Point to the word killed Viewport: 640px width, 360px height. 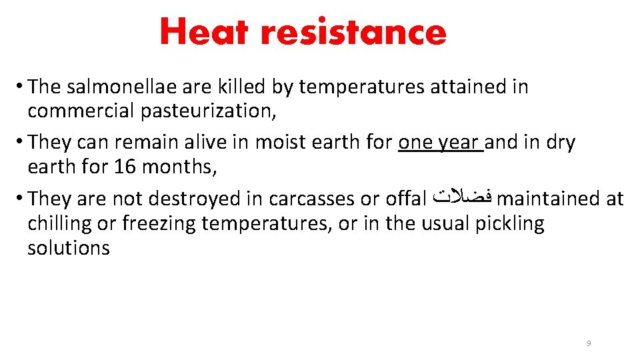pos(241,87)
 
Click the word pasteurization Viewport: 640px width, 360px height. pos(208,111)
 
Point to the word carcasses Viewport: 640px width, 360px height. pos(317,199)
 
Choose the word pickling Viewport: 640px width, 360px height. pos(509,224)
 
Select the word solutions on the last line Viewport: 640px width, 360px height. pos(69,248)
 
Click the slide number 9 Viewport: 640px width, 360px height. pos(589,343)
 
